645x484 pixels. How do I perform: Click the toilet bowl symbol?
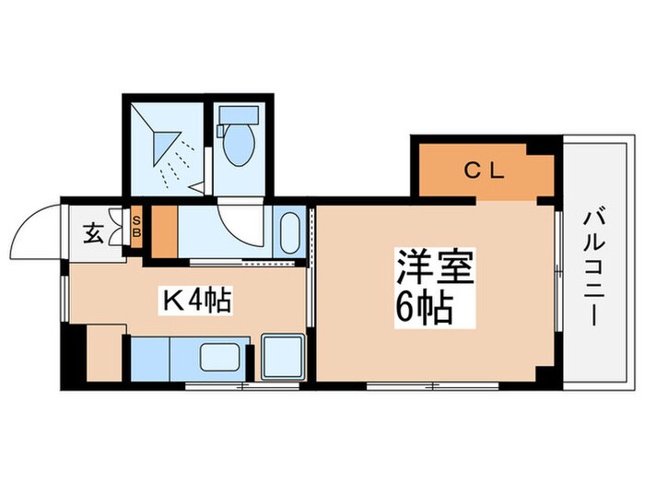(x=238, y=145)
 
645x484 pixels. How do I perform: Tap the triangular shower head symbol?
(x=165, y=148)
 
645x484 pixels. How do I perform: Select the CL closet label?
(x=484, y=170)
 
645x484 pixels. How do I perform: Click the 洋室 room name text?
(x=435, y=266)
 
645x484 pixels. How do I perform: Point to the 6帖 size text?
(x=424, y=309)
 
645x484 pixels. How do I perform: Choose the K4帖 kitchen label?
(x=195, y=301)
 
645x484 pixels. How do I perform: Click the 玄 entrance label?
(x=93, y=233)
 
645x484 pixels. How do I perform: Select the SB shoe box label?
(x=136, y=227)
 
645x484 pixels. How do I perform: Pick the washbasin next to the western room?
(x=290, y=232)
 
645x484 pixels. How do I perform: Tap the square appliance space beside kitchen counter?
(x=284, y=357)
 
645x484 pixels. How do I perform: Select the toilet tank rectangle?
(x=239, y=115)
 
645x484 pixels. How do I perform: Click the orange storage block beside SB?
(x=165, y=231)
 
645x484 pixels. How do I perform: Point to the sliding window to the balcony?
(x=558, y=272)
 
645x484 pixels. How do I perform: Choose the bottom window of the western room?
(x=432, y=386)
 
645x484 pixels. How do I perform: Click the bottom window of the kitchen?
(x=241, y=386)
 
